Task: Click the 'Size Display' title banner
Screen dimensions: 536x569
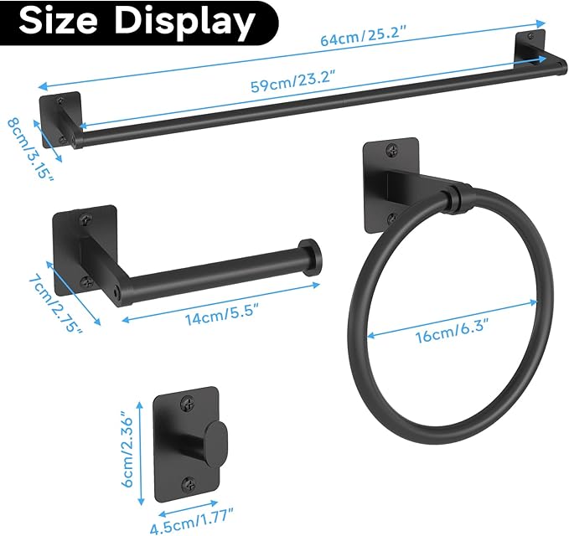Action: coord(137,23)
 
